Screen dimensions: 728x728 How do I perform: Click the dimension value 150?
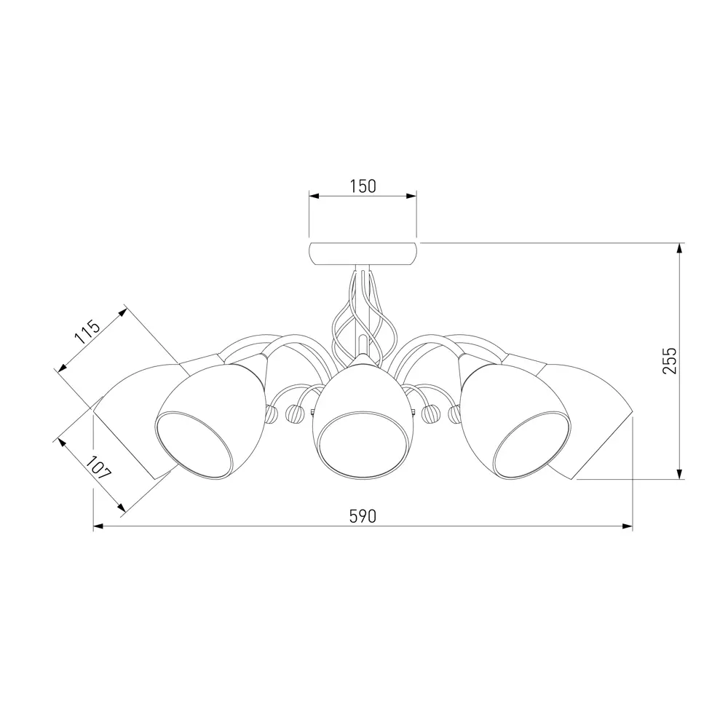(363, 186)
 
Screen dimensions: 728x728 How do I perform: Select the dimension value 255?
(670, 361)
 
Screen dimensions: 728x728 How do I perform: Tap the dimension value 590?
(363, 516)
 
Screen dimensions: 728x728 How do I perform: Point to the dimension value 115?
(87, 331)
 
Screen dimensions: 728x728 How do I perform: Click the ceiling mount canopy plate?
(363, 253)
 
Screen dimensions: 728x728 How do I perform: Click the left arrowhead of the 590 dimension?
(98, 526)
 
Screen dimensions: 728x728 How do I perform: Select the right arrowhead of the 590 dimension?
(628, 526)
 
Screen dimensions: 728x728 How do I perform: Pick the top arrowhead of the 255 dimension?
(680, 248)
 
